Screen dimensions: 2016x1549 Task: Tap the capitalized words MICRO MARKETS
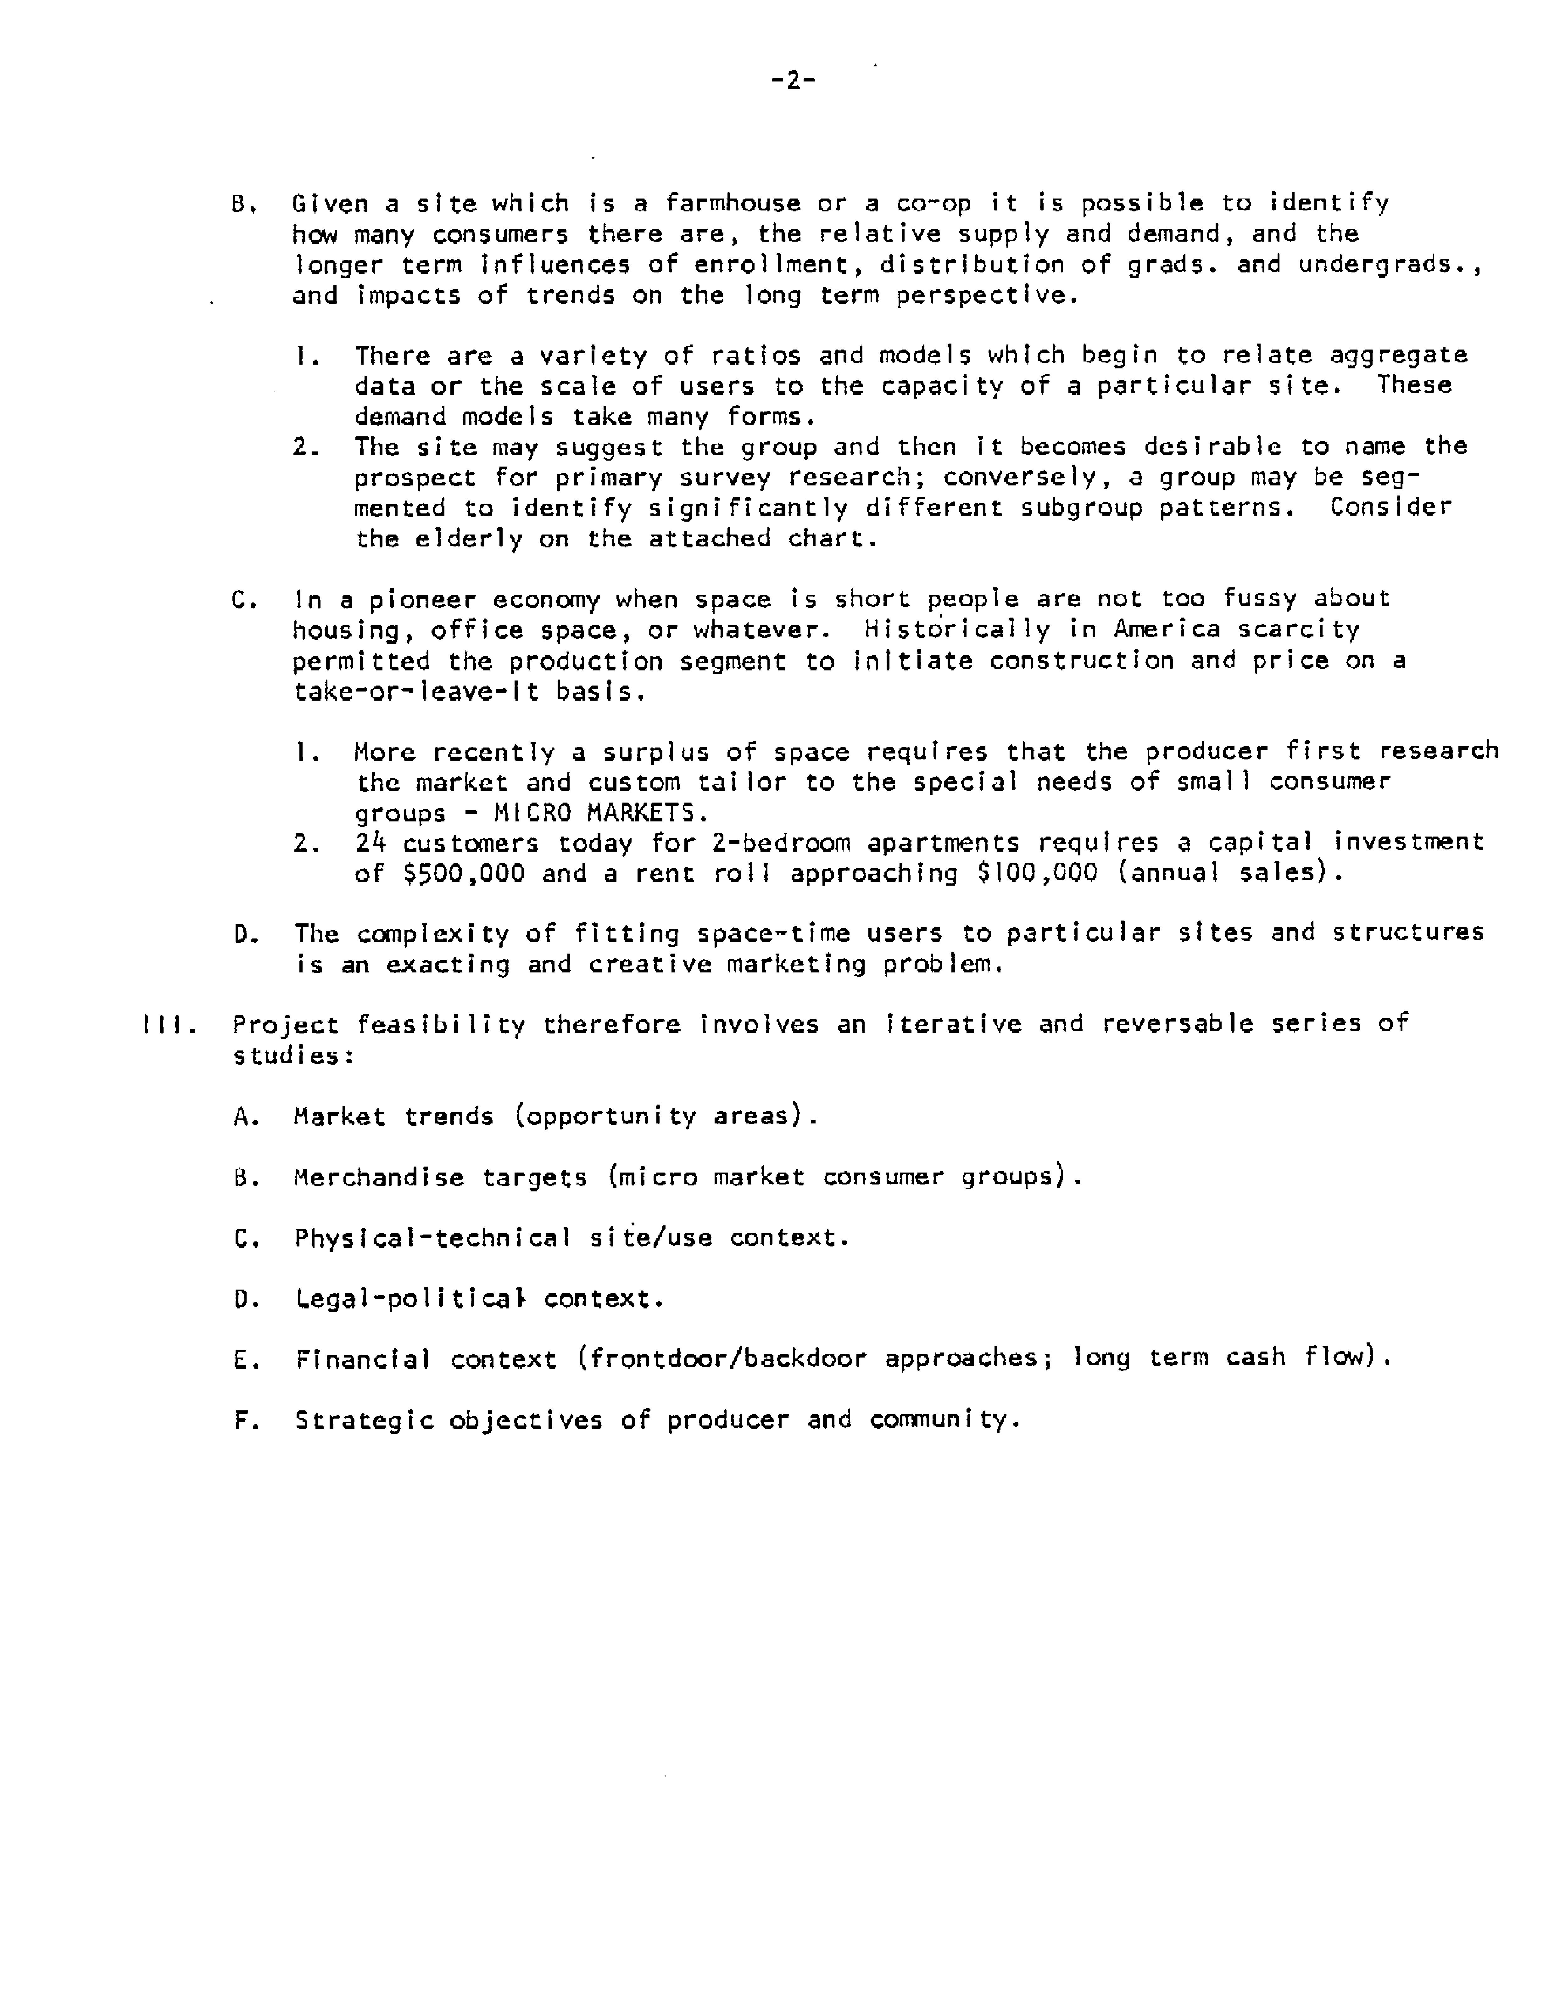tap(600, 813)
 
